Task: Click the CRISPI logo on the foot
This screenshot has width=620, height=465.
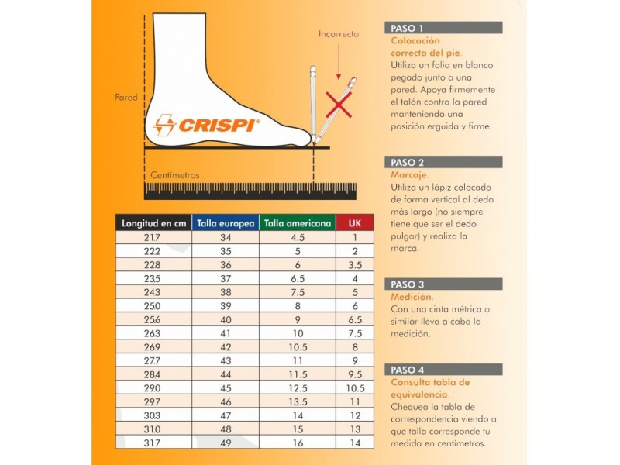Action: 206,124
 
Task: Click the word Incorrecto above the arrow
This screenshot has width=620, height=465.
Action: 339,34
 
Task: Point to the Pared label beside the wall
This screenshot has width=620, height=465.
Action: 126,98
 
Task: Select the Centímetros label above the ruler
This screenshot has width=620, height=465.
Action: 174,175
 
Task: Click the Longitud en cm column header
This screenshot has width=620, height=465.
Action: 153,223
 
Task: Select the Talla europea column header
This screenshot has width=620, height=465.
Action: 225,223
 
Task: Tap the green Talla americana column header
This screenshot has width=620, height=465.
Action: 298,223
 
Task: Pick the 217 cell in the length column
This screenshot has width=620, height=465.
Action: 153,238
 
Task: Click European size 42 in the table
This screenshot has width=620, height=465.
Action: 225,346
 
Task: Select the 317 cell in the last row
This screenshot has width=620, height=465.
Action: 153,443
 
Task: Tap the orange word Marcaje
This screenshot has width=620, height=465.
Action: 409,175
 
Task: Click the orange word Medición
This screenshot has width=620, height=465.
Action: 411,297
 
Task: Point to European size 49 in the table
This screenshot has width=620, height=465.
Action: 225,443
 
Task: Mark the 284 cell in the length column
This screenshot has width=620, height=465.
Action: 153,374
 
